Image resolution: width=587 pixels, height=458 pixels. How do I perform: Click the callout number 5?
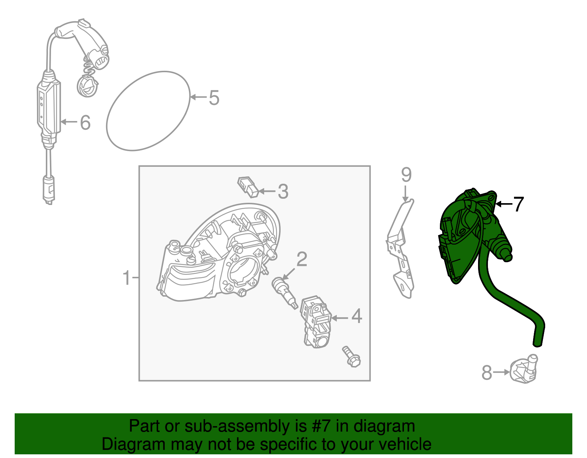(214, 98)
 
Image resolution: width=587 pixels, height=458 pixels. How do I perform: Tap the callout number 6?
(85, 122)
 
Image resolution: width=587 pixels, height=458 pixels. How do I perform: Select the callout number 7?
(518, 204)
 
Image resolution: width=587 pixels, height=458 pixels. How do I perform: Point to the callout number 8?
(487, 373)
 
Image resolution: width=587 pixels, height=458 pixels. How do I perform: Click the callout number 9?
(406, 175)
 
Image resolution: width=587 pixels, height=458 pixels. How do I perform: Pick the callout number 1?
(127, 278)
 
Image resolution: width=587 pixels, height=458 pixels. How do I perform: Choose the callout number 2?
(302, 259)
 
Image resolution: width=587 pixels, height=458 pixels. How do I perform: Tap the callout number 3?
(283, 192)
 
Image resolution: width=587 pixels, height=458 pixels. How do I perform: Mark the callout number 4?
(357, 316)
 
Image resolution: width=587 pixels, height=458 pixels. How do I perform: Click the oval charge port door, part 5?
(148, 111)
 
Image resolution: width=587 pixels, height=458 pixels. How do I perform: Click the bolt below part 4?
(351, 356)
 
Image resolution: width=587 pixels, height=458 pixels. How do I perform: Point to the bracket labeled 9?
(400, 248)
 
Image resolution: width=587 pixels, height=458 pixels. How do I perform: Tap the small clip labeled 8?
(524, 369)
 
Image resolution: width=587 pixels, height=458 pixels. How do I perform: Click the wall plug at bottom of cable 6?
(49, 190)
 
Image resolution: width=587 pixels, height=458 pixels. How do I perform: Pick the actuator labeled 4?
(316, 322)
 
